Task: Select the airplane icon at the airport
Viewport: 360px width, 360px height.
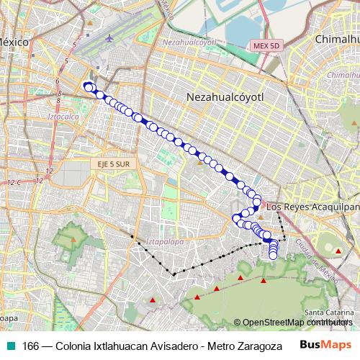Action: (108, 37)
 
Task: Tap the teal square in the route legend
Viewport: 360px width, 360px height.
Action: (10, 346)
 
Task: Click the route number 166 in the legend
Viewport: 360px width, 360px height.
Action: (30, 346)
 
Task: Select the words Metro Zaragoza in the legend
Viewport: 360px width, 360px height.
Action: (243, 346)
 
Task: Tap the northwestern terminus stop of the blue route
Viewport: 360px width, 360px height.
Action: (88, 87)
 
